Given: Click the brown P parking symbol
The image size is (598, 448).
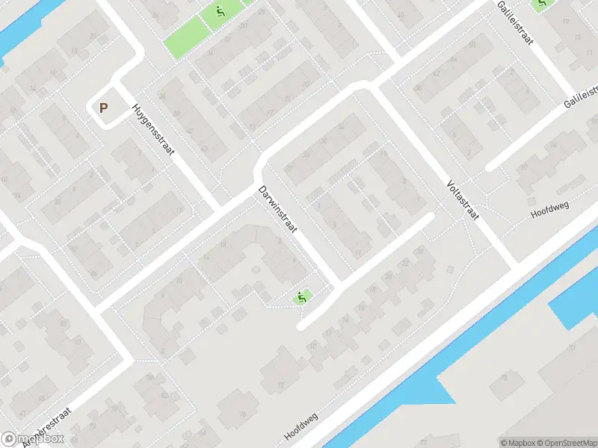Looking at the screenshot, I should click(x=104, y=108).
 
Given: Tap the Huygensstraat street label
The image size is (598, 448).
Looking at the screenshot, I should click(x=153, y=129).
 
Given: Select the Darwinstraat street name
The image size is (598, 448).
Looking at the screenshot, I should click(x=275, y=208).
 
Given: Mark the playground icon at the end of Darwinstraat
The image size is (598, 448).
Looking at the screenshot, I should click(x=302, y=297).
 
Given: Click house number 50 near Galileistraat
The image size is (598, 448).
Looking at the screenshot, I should click(x=472, y=45).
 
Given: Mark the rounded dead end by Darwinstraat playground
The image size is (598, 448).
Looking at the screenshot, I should click(x=301, y=325).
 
